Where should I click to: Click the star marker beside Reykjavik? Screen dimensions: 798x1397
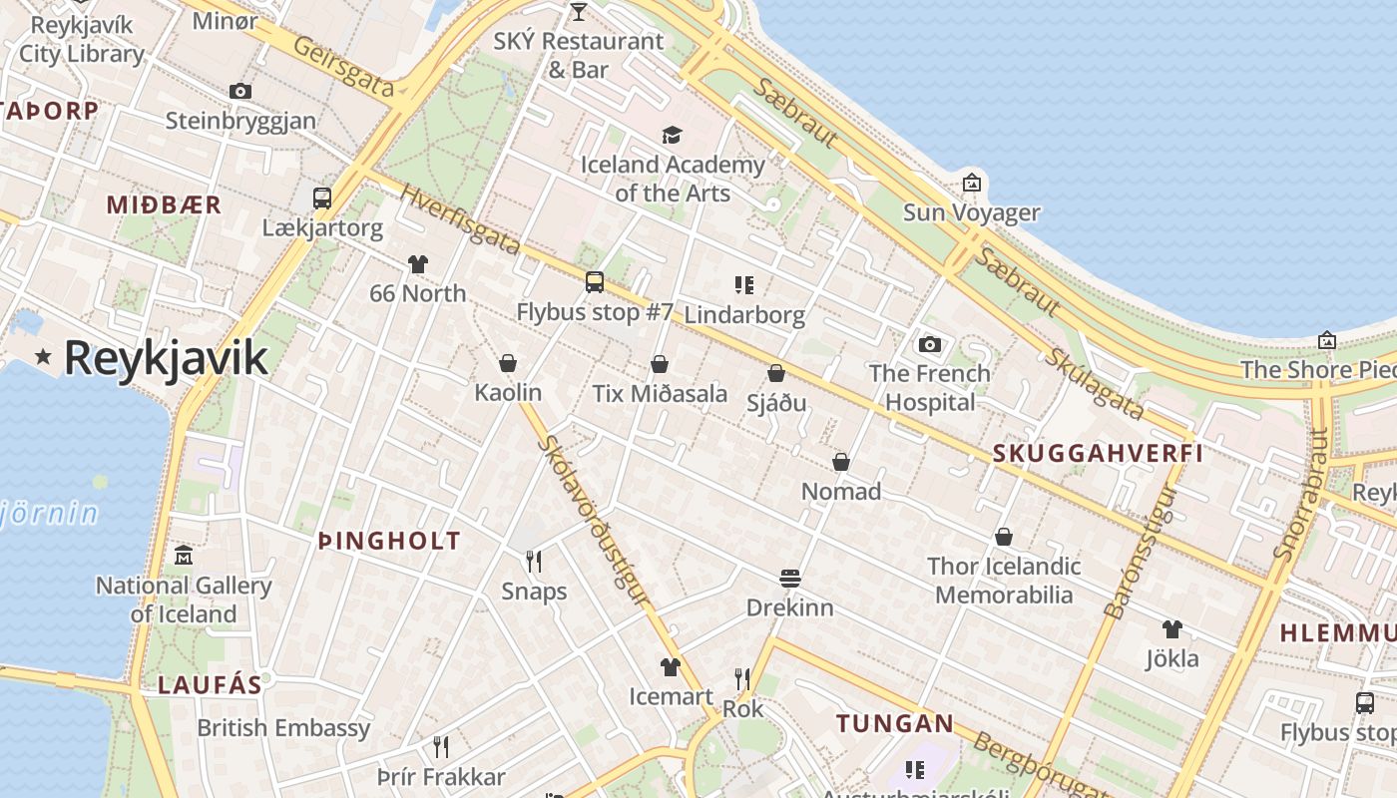pos(43,356)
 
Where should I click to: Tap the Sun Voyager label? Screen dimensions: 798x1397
pos(971,212)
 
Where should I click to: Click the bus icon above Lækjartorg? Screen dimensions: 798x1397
pos(321,198)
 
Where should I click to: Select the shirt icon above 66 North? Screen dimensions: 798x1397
pos(417,264)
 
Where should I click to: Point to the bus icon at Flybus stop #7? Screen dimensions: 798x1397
pos(594,282)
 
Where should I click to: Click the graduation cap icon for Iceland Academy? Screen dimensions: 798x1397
pos(672,135)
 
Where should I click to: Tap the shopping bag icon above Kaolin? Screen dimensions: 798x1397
pos(507,363)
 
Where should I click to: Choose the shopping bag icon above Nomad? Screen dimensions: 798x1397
pos(841,462)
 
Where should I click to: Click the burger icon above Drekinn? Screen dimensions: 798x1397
pos(789,579)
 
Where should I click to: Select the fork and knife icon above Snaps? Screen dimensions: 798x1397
pos(534,562)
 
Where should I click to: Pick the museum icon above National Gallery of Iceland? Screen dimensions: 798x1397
pos(183,556)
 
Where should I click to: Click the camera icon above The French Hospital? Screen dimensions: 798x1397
pos(929,344)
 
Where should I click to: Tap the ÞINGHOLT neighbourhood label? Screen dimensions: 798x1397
pos(389,542)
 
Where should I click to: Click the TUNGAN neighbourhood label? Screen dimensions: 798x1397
pos(894,723)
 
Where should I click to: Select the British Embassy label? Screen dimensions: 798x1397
pos(283,727)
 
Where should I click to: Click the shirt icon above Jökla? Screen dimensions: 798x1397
pos(1171,629)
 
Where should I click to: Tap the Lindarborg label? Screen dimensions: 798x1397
pos(744,315)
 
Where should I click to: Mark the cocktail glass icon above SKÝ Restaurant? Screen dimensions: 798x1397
pos(578,12)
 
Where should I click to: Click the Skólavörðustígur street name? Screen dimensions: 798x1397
pos(593,519)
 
